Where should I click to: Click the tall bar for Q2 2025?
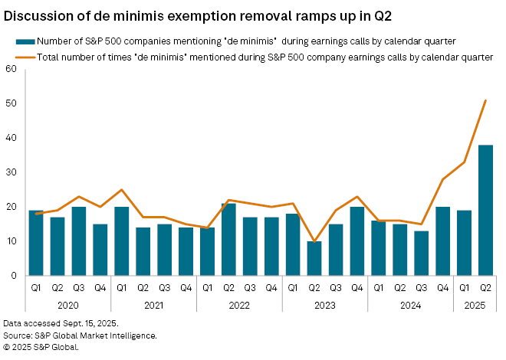[485, 210]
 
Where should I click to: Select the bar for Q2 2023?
[314, 258]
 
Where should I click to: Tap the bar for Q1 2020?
[35, 243]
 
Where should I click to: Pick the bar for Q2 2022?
[228, 239]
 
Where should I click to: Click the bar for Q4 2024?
[442, 241]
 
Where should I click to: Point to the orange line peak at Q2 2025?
[485, 100]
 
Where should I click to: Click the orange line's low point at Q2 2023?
[314, 241]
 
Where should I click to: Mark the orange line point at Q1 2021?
[121, 190]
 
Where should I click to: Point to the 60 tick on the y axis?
[11, 69]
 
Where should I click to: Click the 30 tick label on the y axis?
[11, 172]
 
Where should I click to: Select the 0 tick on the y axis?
[14, 276]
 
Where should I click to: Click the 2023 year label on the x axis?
[325, 305]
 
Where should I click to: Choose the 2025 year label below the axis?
[475, 305]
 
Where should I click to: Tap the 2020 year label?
[67, 305]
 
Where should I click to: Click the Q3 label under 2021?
[164, 288]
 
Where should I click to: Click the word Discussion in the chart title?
[38, 15]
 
